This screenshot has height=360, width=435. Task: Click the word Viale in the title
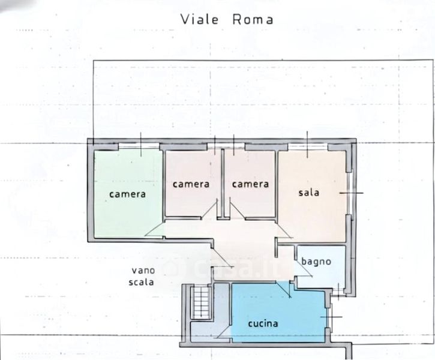(x=199, y=19)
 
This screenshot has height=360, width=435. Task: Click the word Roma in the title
(x=253, y=19)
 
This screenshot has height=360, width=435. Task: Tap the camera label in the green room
(x=127, y=194)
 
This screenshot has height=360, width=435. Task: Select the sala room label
(x=309, y=193)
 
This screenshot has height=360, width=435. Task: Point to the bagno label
(x=316, y=262)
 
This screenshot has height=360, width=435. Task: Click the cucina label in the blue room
(x=263, y=323)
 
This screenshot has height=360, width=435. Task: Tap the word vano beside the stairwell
(x=143, y=271)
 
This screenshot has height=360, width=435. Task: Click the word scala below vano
(x=141, y=282)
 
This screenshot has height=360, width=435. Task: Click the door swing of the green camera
(x=154, y=230)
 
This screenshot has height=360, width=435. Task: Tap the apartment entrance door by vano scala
(x=222, y=257)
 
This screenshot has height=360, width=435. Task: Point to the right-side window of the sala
(x=350, y=193)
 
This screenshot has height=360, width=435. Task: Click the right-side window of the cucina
(x=329, y=316)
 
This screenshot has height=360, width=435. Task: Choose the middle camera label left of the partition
(x=191, y=184)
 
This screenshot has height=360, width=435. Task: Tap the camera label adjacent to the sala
(x=250, y=184)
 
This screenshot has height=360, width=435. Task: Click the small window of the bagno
(x=338, y=292)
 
